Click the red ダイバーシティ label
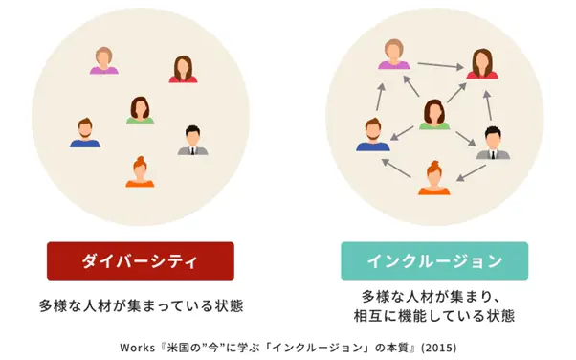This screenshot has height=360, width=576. [x=141, y=260]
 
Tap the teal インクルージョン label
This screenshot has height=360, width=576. [x=434, y=260]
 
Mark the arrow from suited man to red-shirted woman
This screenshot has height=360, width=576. [x=488, y=98]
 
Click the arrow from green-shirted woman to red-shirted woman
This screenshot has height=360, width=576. [x=457, y=92]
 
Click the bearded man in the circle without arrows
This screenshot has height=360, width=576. [x=84, y=132]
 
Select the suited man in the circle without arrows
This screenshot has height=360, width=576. [x=192, y=140]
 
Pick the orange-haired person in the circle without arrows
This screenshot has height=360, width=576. [x=140, y=171]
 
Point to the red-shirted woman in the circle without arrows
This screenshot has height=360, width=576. [x=183, y=68]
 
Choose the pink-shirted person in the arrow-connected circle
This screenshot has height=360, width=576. [x=392, y=54]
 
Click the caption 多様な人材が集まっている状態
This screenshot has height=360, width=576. [x=141, y=307]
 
